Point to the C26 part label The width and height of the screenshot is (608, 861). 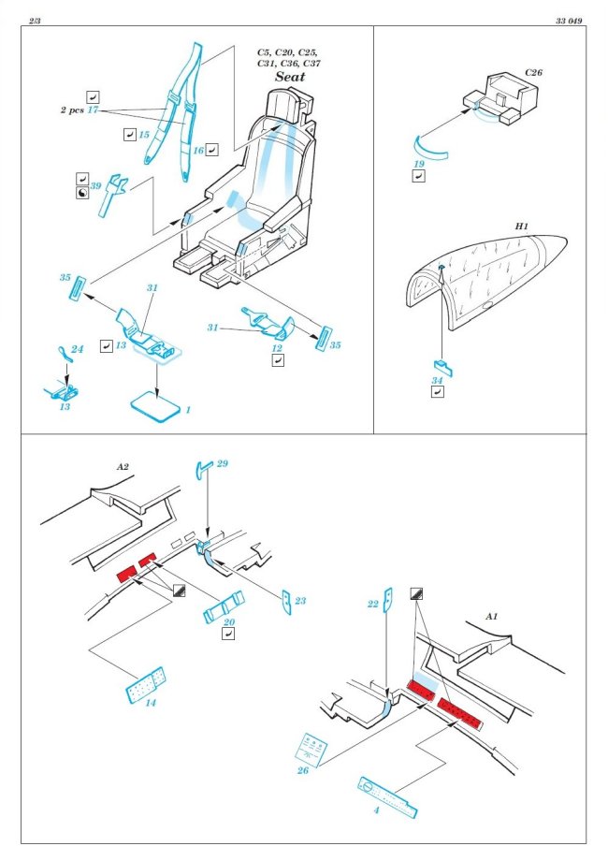coord(532,72)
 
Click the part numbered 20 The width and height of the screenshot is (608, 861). coord(224,607)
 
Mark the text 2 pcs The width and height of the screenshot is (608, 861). coord(67,110)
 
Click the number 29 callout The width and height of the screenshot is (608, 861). coord(222,464)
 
